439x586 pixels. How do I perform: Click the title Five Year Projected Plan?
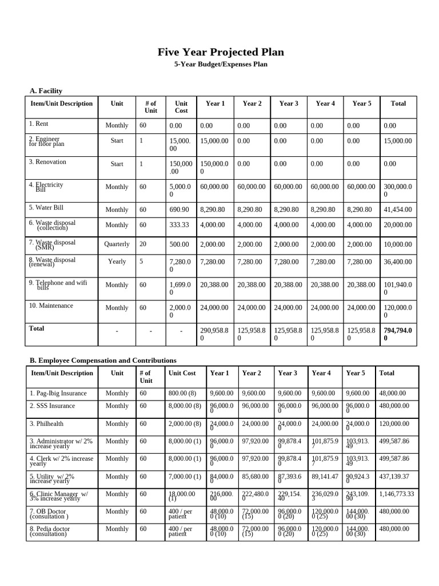[x=221, y=53]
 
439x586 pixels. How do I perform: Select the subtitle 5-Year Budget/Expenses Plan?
[x=221, y=65]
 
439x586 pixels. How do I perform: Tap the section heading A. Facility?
[x=46, y=90]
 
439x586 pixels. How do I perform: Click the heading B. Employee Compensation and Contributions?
[x=103, y=360]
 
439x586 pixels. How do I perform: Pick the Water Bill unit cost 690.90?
[x=179, y=210]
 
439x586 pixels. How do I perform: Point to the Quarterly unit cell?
[x=117, y=244]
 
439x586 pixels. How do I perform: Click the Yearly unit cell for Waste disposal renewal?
[x=117, y=262]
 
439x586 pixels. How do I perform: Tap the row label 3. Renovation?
[x=47, y=162]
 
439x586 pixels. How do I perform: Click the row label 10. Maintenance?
[x=51, y=306]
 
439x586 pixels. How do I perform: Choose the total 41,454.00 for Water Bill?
[x=397, y=210]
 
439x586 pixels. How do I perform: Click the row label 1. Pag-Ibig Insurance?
[x=58, y=393]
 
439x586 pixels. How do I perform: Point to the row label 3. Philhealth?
[x=46, y=424]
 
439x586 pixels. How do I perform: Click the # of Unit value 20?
[x=143, y=244]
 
